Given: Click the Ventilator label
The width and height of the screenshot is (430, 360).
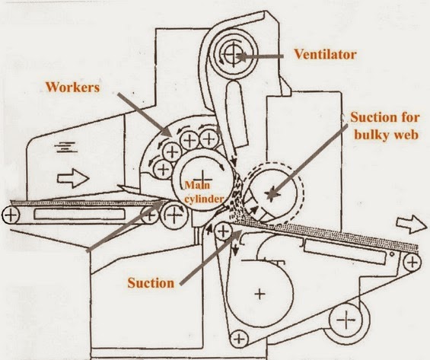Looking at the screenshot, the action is click(325, 54).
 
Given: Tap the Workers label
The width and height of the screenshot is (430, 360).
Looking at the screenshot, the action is click(72, 88).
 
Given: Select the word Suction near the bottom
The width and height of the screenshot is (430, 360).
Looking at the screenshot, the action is click(151, 283).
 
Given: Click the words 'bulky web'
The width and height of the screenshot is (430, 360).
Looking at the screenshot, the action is click(387, 135).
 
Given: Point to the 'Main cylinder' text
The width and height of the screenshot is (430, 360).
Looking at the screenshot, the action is click(204, 192).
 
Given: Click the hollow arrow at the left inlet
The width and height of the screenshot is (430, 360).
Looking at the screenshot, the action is click(73, 179).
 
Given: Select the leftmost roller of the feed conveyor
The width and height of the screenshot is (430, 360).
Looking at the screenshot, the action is click(11, 215).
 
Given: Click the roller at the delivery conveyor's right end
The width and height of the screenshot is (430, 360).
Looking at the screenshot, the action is click(412, 263).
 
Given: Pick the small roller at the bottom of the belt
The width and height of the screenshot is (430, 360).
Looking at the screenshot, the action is click(239, 339).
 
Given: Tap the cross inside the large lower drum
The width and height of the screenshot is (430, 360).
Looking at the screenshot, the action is click(260, 295).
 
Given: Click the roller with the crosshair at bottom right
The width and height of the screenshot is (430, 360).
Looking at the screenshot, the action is click(346, 320).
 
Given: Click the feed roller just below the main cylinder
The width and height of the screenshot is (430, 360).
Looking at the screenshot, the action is click(174, 215).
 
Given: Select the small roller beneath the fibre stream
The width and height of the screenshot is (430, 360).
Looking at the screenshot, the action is click(224, 231).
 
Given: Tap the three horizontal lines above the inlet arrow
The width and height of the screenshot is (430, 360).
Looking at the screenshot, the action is click(66, 147).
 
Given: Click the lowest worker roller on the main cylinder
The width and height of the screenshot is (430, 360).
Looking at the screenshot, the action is click(164, 169).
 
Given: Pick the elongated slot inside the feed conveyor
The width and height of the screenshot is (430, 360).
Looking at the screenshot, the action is click(79, 214).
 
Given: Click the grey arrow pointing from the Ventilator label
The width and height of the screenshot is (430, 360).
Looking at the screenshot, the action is click(260, 57).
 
